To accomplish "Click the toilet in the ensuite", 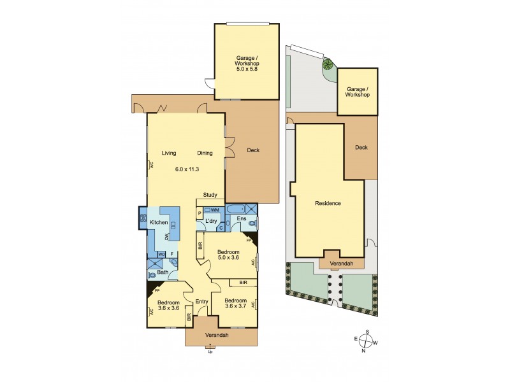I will pos(254,223).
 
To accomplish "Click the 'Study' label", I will pos(210,195).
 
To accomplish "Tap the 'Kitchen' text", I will pos(159,222).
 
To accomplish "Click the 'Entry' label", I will pos(202,302).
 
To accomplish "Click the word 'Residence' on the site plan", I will pos(328,204).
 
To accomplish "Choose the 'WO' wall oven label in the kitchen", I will pos(161,254).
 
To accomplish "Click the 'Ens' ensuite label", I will pos(242,219).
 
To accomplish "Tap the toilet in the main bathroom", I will pos(151,274).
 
